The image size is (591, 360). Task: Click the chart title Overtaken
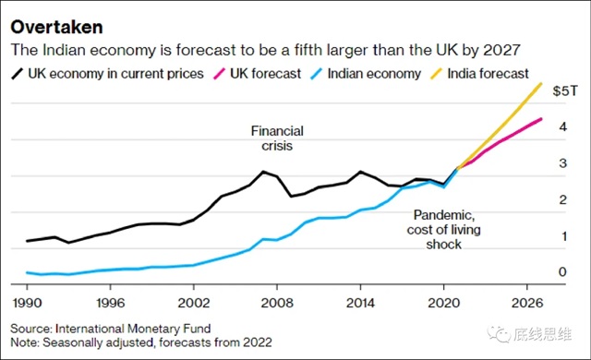click(56, 28)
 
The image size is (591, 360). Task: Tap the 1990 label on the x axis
click(27, 303)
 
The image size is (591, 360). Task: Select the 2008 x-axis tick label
click(277, 303)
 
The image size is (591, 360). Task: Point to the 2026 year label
click(527, 303)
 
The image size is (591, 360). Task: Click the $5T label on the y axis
click(565, 90)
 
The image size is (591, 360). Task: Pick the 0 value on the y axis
click(562, 271)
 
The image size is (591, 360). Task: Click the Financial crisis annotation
click(277, 138)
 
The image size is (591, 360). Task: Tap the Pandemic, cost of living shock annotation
click(443, 229)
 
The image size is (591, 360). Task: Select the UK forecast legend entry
click(258, 74)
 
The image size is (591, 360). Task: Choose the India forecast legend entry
click(480, 74)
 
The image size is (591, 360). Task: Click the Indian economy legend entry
click(366, 74)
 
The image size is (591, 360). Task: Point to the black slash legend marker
click(18, 74)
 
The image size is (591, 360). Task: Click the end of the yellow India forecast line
click(541, 84)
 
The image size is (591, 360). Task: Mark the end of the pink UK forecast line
click(541, 119)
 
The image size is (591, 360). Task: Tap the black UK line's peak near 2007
click(263, 172)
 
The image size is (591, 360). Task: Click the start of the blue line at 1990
click(27, 272)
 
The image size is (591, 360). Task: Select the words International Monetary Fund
click(133, 329)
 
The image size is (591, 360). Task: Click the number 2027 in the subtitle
click(501, 50)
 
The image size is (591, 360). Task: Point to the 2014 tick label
click(360, 303)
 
